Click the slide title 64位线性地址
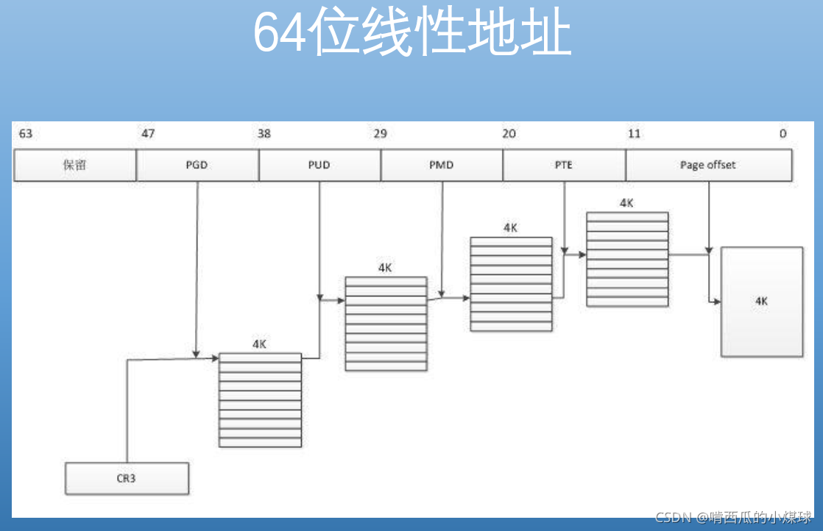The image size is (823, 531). pyautogui.click(x=412, y=32)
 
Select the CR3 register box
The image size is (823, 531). pyautogui.click(x=126, y=478)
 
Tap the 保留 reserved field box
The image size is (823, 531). pyautogui.click(x=74, y=165)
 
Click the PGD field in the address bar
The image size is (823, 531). pyautogui.click(x=197, y=165)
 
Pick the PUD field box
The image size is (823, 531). pyautogui.click(x=319, y=165)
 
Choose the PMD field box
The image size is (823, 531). pyautogui.click(x=441, y=165)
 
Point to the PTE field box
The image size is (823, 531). pyautogui.click(x=564, y=165)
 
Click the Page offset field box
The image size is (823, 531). pyautogui.click(x=707, y=165)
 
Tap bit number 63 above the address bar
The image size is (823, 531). pyautogui.click(x=26, y=134)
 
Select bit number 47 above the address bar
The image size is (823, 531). pyautogui.click(x=148, y=134)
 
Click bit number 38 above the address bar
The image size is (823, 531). pyautogui.click(x=264, y=134)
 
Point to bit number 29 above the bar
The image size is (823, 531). pyautogui.click(x=380, y=134)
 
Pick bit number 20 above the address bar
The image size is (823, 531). pyautogui.click(x=509, y=134)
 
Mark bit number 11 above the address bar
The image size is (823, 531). pyautogui.click(x=634, y=134)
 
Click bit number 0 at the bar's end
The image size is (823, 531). pyautogui.click(x=783, y=134)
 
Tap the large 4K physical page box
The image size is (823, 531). pyautogui.click(x=761, y=302)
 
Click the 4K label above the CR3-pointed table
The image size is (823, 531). pyautogui.click(x=259, y=344)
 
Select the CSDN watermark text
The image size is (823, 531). pyautogui.click(x=732, y=517)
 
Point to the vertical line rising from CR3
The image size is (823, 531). pyautogui.click(x=127, y=412)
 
